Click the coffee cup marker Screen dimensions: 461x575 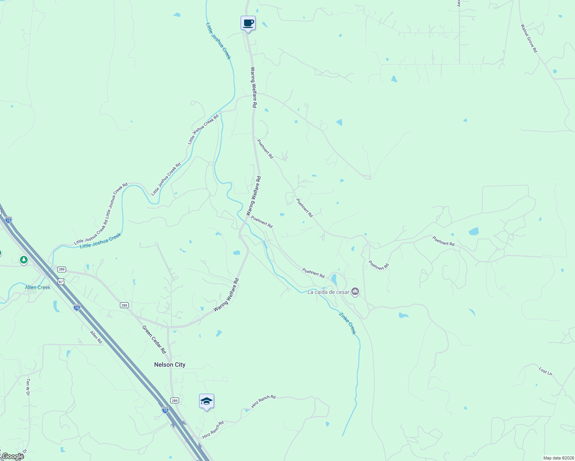[x=248, y=23]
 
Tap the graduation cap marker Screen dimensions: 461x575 [x=206, y=401]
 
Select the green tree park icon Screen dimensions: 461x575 [x=24, y=260]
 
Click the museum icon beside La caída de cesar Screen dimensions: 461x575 [x=355, y=292]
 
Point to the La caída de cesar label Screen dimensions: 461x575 [x=328, y=292]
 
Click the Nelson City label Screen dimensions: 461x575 [x=170, y=365]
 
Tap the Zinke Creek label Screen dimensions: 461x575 [x=347, y=323]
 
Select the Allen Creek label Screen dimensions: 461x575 [x=38, y=287]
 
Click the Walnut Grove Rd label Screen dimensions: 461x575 [x=529, y=38]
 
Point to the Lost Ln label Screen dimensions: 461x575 [x=545, y=371]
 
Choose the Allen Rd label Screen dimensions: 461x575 [x=96, y=337]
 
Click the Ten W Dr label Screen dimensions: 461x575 [x=28, y=387]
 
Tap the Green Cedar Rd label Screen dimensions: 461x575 [x=154, y=340]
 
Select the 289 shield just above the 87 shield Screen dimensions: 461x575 [x=61, y=269]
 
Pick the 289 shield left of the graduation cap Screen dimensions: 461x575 [x=174, y=400]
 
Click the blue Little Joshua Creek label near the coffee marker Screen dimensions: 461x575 [x=218, y=41]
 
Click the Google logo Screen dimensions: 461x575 [x=12, y=456]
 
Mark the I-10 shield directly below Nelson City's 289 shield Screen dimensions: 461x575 [x=165, y=410]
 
